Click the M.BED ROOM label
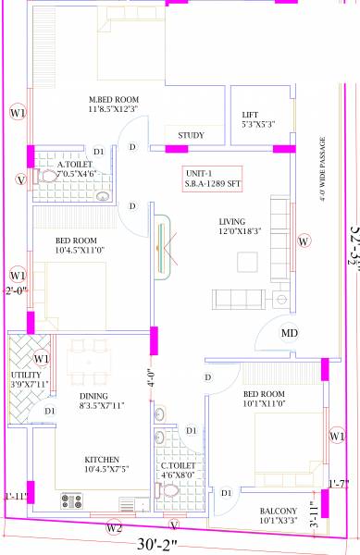coord(114,100)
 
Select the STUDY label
coord(191,135)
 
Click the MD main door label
coord(290,333)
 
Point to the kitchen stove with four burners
coord(71,503)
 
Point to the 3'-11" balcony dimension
coord(314,510)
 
